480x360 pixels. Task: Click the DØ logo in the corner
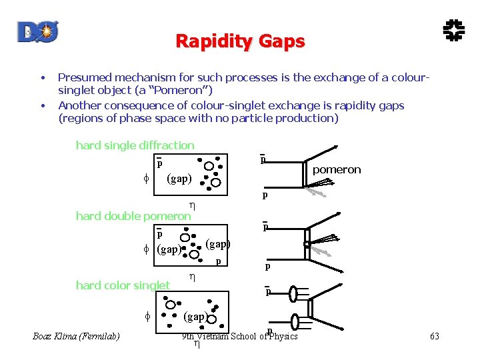tap(39, 31)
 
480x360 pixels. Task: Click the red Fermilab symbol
tap(455, 30)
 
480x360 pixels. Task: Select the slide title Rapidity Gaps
tap(240, 41)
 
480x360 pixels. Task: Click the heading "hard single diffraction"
tap(135, 145)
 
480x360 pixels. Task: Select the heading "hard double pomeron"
tap(133, 215)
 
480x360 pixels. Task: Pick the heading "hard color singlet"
tap(123, 285)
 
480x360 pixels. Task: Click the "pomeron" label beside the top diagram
tap(337, 169)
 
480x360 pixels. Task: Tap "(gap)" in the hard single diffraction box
tap(179, 178)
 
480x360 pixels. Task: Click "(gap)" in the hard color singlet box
tap(195, 315)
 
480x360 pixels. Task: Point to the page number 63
tap(435, 336)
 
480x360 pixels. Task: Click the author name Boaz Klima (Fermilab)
tap(76, 336)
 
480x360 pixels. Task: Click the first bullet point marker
tap(43, 77)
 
